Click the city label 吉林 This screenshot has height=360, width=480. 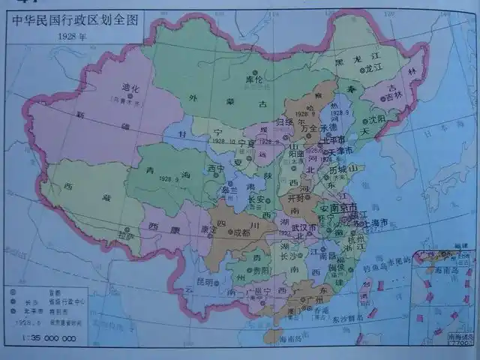pos(394,96)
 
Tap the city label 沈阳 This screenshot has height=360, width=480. pos(375,119)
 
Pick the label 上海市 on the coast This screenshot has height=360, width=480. pos(375,223)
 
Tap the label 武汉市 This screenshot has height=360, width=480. pos(305,227)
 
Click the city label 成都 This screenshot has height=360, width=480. pos(241,232)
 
